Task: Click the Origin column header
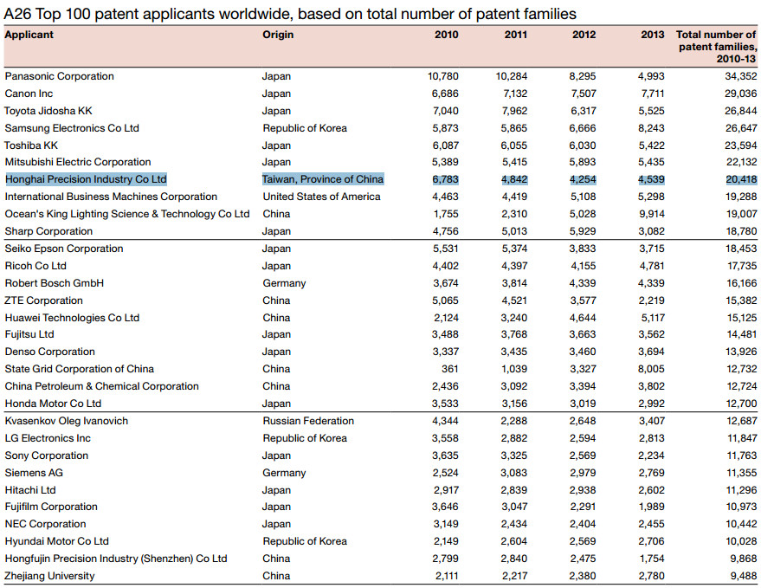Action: [278, 35]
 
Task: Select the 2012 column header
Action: [584, 35]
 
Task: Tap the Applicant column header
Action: [29, 35]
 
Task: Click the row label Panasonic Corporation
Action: [59, 76]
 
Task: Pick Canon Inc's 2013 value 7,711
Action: [652, 94]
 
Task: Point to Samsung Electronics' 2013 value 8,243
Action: [651, 128]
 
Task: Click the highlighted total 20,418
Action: [741, 179]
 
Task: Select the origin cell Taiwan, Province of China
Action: [323, 179]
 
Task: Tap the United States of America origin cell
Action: [321, 197]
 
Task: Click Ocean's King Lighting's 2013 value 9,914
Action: [651, 214]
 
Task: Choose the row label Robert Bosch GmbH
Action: [55, 283]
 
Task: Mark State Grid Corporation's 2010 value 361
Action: [450, 369]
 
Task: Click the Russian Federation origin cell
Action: [308, 421]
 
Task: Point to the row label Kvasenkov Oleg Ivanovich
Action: [67, 421]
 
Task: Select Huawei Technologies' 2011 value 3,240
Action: [514, 318]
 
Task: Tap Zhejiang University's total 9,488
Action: [744, 577]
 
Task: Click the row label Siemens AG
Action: [34, 473]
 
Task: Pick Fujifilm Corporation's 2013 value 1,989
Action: [652, 507]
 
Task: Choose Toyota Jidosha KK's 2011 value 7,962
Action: [514, 111]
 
